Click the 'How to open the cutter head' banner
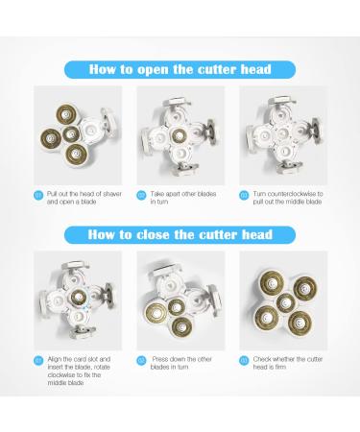pos(180,69)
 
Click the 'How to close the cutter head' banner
pos(180,234)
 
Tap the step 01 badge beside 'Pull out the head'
pos(38,195)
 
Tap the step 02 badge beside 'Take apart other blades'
pos(141,195)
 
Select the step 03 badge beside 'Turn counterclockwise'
pos(244,195)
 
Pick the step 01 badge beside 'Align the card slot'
pos(38,361)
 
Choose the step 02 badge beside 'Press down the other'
pos(141,361)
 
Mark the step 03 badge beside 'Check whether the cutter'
pos(244,361)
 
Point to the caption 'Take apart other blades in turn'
pos(183,198)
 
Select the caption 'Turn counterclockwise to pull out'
pos(288,198)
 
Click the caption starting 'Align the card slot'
pos(79,371)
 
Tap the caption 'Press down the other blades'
pos(181,363)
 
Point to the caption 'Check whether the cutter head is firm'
pos(288,363)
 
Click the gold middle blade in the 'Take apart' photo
pos(179,136)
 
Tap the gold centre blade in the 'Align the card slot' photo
pos(78,298)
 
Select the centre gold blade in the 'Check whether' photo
pos(284,302)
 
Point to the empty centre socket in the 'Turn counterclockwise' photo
pos(282,133)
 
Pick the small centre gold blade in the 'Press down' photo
pos(177,307)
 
